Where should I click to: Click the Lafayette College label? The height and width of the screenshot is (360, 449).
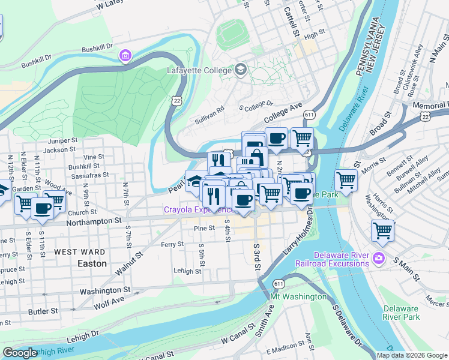(199, 70)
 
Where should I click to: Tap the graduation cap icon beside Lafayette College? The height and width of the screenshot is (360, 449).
(241, 70)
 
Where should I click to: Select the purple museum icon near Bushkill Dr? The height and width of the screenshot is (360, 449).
(125, 56)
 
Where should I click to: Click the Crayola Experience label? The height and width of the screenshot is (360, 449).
(199, 210)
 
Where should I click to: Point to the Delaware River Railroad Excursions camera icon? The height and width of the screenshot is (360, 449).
(378, 259)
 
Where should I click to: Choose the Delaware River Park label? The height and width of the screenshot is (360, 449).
(401, 313)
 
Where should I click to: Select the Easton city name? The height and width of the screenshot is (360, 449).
(92, 263)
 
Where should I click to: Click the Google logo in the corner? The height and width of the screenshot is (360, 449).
(20, 353)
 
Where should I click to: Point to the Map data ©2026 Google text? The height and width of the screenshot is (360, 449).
(412, 355)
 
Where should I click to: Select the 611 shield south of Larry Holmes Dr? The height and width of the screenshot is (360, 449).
(278, 283)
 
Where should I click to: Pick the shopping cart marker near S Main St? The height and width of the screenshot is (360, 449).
(382, 230)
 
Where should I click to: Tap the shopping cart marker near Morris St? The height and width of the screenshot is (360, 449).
(346, 179)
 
